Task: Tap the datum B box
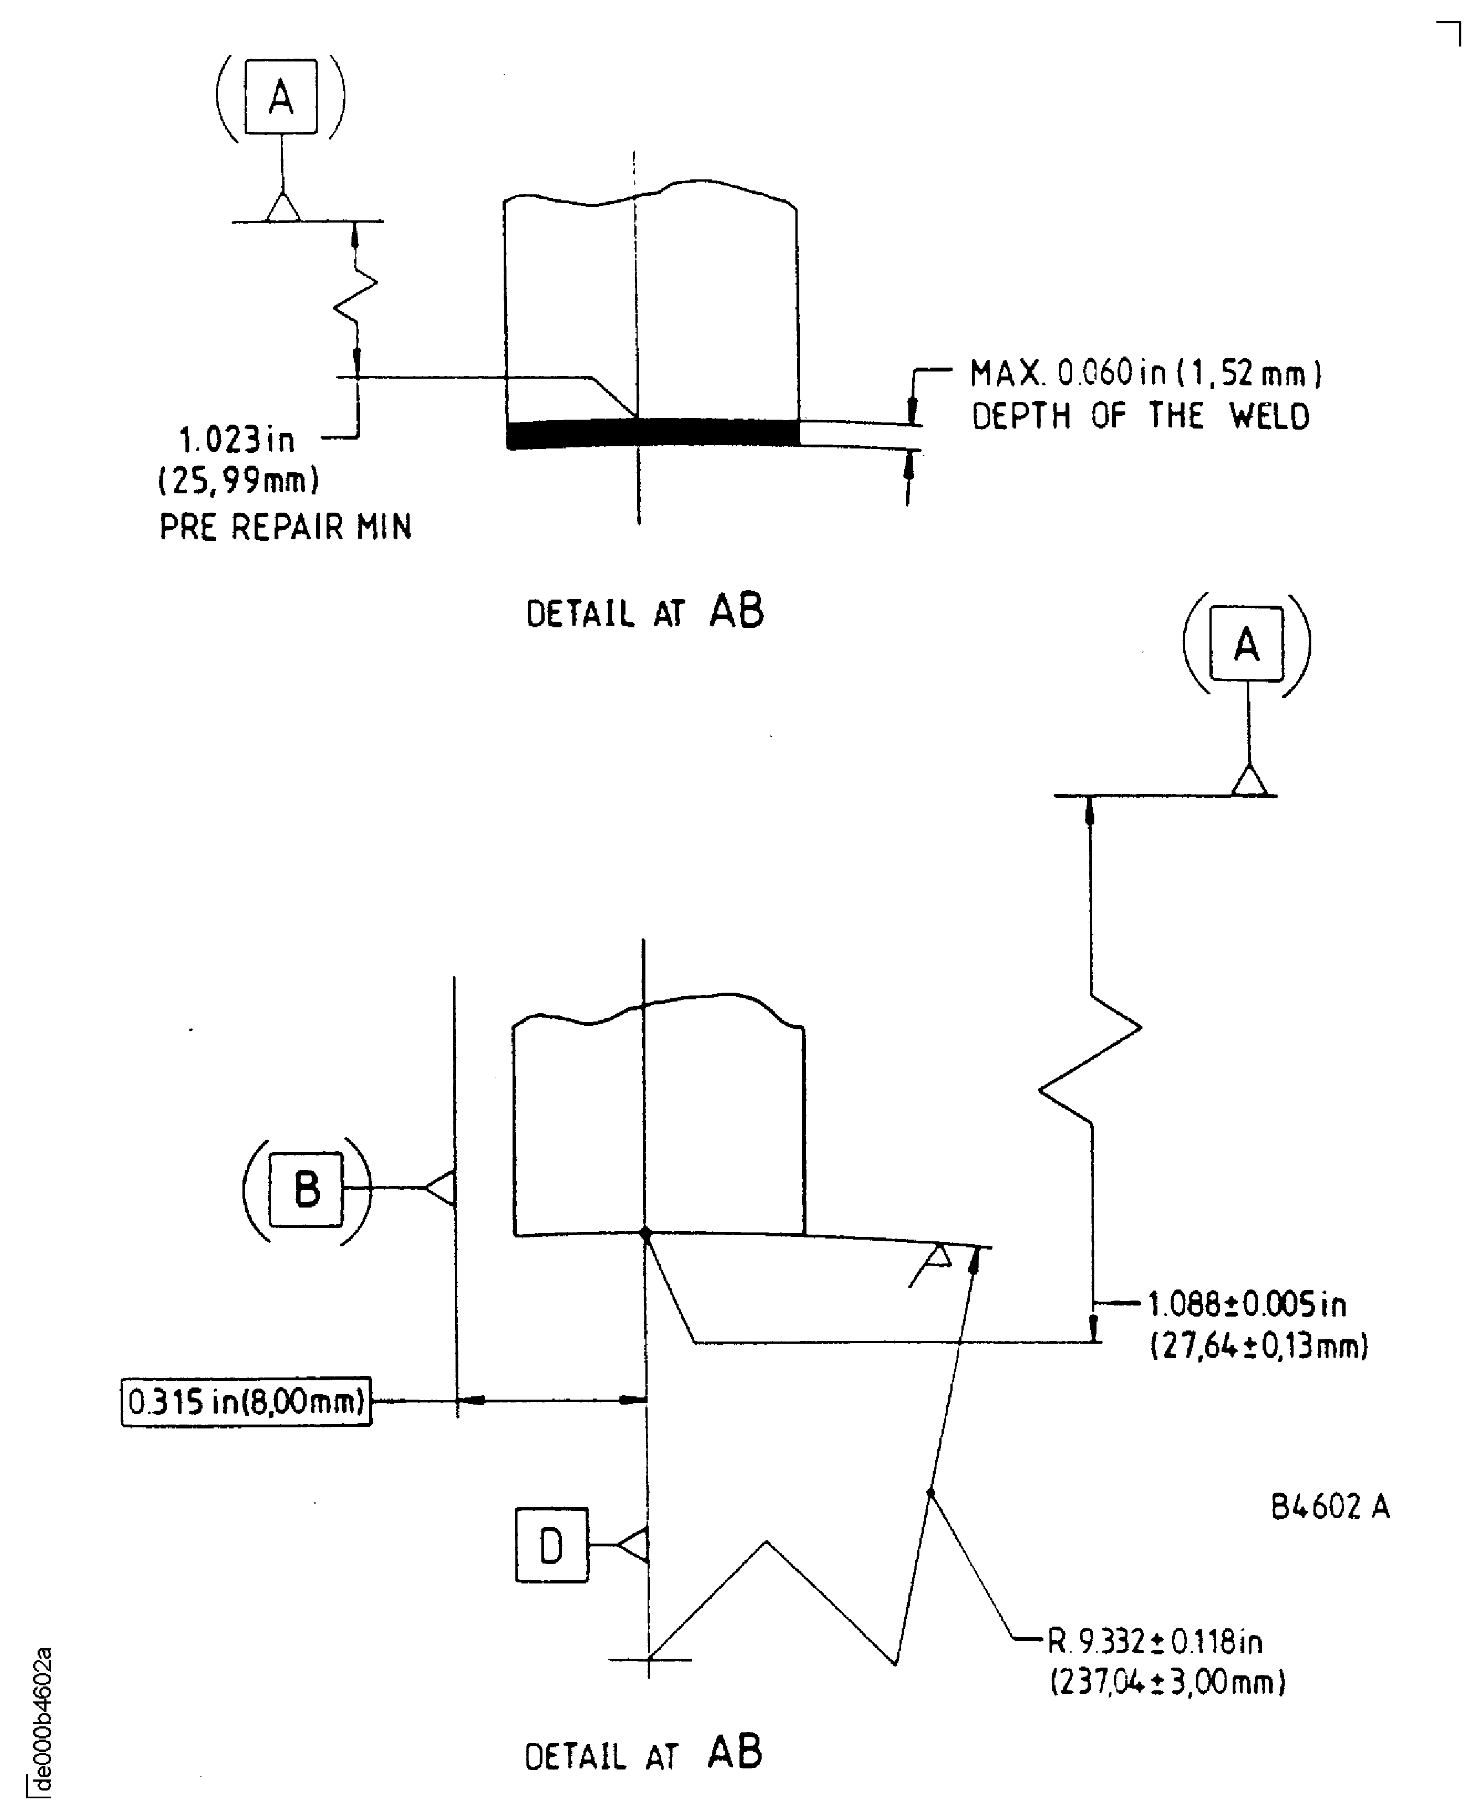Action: point(306,1189)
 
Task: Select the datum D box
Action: point(551,1545)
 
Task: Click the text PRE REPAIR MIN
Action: point(286,528)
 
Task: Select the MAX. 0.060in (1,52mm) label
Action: point(1145,373)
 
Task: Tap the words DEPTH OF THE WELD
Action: point(1140,417)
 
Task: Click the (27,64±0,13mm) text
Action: point(1258,1346)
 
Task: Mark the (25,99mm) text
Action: point(239,482)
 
